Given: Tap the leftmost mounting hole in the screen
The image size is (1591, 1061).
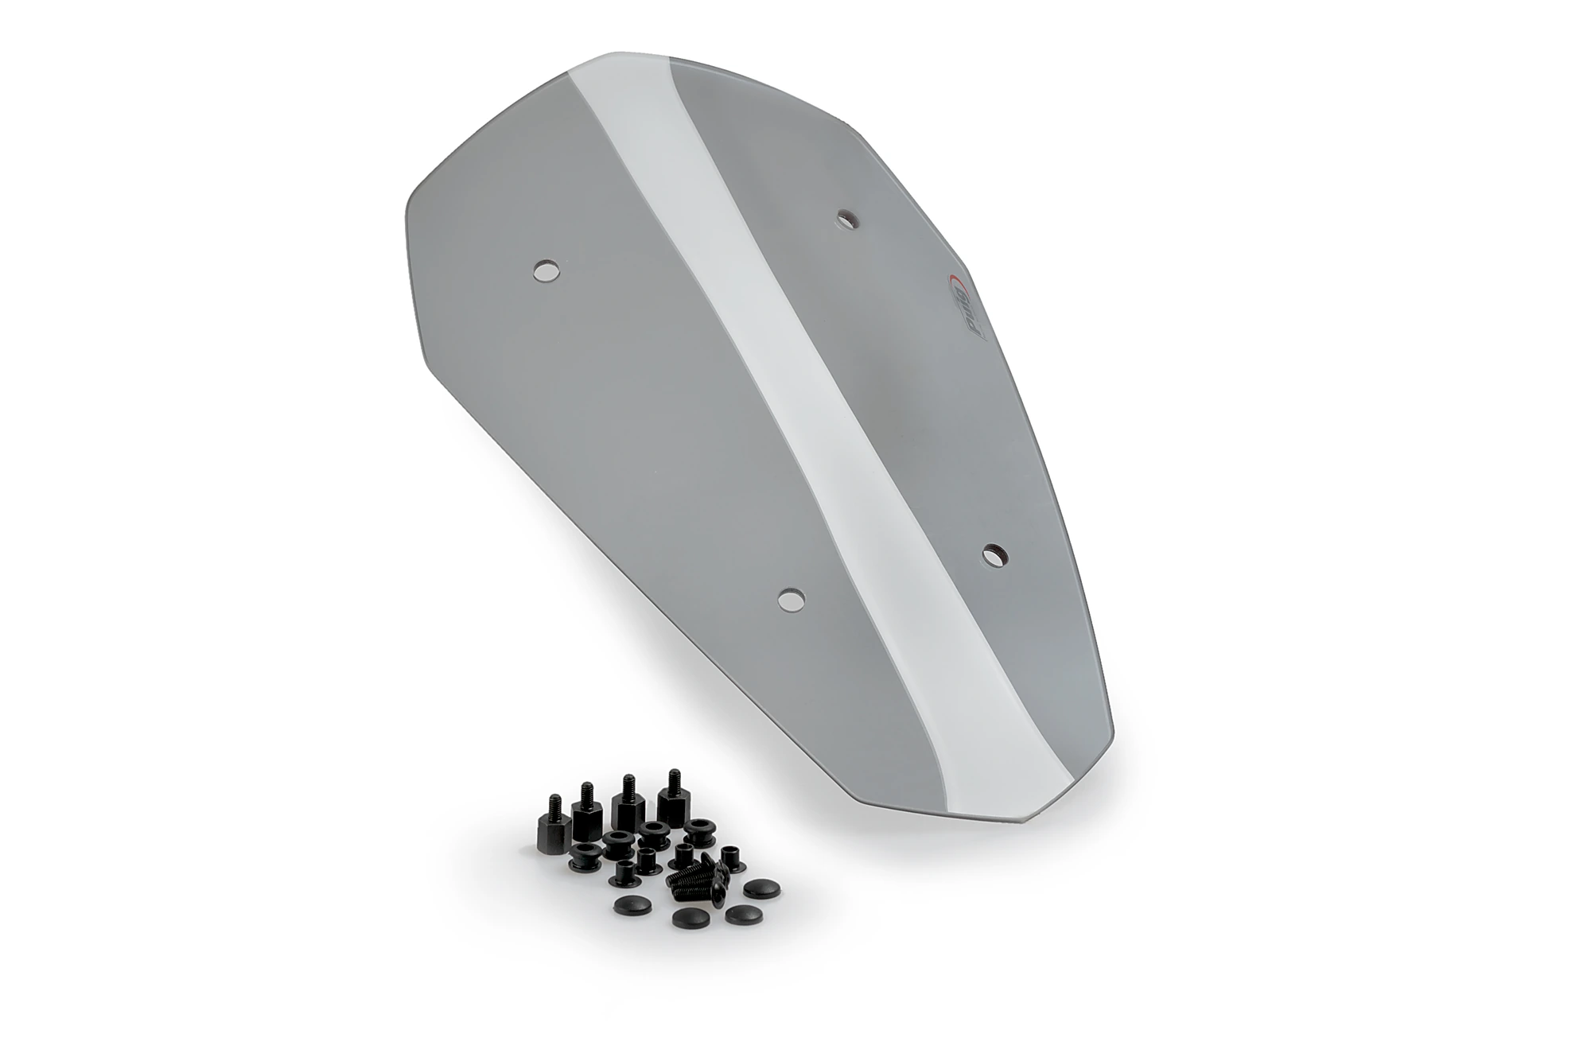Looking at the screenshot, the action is point(546,271).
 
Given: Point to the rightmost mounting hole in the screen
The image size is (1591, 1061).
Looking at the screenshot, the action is point(994,554).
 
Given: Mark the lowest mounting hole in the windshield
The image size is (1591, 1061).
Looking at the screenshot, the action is point(791,599).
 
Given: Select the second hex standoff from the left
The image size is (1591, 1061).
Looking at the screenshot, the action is point(586,813).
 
